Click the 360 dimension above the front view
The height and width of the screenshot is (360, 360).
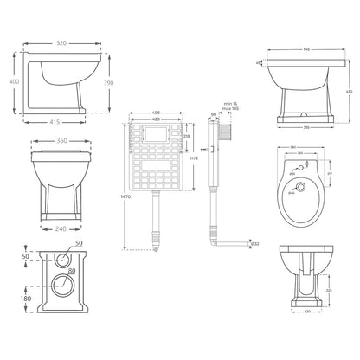click(x=61, y=141)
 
